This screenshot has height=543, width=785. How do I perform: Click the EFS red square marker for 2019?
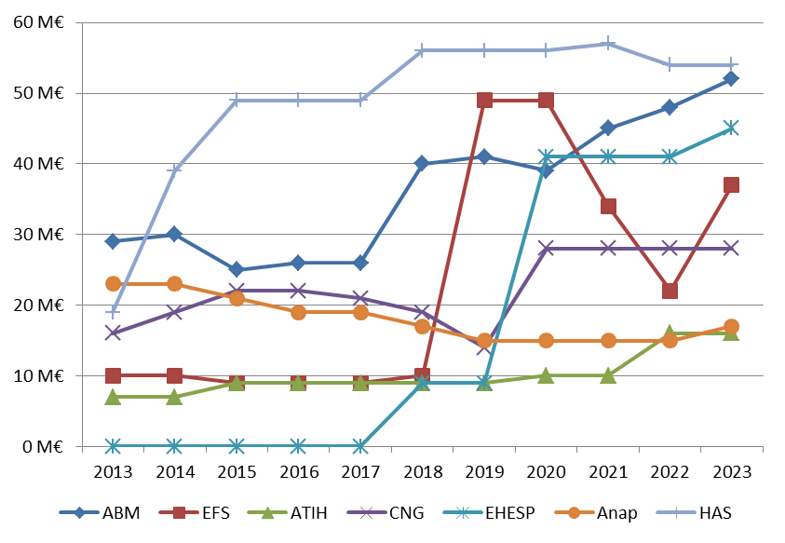[x=484, y=101]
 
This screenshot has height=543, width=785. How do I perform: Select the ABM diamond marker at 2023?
[x=731, y=79]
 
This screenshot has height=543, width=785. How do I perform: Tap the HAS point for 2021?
[x=608, y=43]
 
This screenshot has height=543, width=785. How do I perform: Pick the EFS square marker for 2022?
[x=670, y=291]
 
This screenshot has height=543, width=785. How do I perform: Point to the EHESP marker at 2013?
[x=113, y=446]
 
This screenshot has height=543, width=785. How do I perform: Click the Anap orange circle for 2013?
[x=113, y=284]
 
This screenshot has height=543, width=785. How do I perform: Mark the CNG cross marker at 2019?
[x=484, y=346]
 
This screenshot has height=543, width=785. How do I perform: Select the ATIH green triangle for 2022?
[x=670, y=333]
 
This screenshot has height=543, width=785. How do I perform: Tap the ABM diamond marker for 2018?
[x=422, y=164]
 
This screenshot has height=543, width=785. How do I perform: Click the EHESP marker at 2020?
[x=546, y=156]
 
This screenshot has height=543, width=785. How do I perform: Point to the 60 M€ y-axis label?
[x=37, y=22]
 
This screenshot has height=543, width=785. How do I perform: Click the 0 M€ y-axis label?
[x=41, y=447]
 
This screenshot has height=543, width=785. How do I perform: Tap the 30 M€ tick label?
[x=37, y=235]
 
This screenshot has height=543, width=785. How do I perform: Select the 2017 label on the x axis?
[x=360, y=469]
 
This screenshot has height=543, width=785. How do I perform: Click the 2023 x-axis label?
[x=731, y=469]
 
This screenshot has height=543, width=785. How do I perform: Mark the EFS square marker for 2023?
[x=731, y=185]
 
